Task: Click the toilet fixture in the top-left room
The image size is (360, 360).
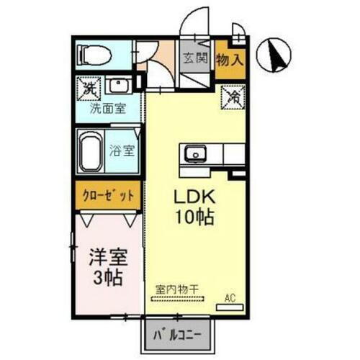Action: [x=93, y=53]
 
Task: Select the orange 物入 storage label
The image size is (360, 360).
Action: [x=230, y=60]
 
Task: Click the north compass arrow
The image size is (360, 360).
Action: [x=275, y=53]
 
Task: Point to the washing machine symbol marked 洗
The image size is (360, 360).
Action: [x=88, y=90]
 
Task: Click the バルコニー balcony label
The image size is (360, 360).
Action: [x=177, y=335]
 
